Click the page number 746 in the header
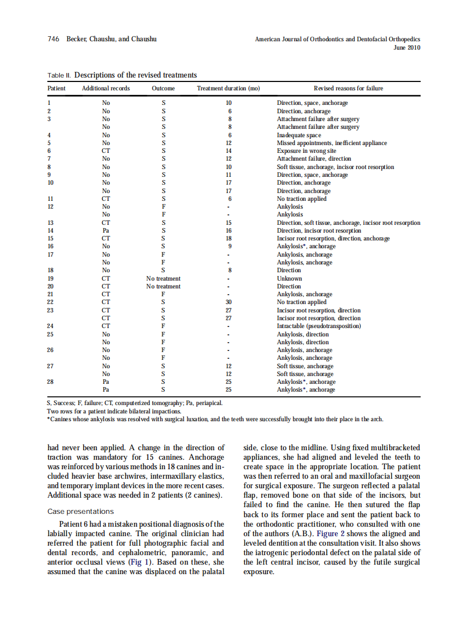(x=53, y=39)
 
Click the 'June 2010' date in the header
(x=407, y=47)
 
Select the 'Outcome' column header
(x=163, y=88)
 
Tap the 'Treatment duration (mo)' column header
(x=228, y=88)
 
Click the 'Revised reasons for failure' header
(x=348, y=88)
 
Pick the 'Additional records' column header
(x=106, y=88)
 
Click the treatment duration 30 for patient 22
(x=229, y=302)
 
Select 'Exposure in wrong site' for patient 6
(x=307, y=151)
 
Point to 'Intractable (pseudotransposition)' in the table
(x=319, y=326)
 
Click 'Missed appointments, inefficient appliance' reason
(x=332, y=143)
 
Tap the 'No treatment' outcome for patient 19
(x=163, y=278)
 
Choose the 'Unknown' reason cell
(x=289, y=278)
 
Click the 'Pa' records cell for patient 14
(x=106, y=230)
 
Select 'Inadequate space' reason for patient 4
(x=299, y=135)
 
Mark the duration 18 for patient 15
(x=229, y=238)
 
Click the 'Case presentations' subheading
(x=80, y=512)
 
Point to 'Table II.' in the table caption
(x=59, y=75)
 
